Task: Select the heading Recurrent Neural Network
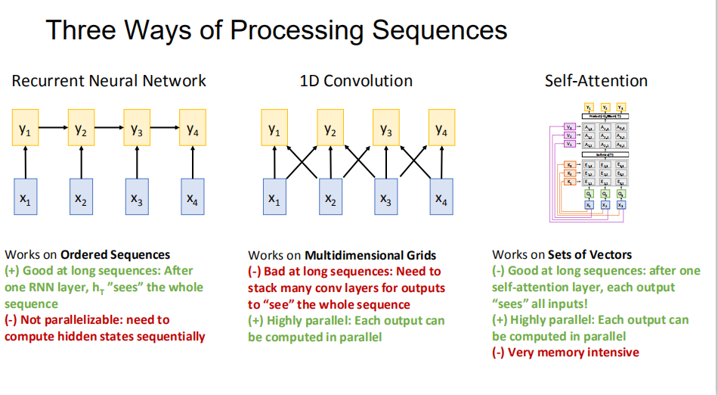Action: click(x=109, y=81)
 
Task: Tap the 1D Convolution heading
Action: click(x=356, y=81)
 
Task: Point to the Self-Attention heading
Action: click(x=596, y=81)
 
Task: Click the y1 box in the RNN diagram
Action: click(x=26, y=129)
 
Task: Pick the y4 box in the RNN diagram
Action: click(x=193, y=129)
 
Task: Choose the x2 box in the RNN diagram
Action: click(x=81, y=200)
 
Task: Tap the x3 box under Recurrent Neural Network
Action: click(x=137, y=200)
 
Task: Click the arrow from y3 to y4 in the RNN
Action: click(x=165, y=129)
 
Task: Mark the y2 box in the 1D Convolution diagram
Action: click(x=330, y=129)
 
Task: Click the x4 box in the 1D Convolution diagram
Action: click(x=441, y=200)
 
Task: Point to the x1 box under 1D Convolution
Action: click(x=274, y=200)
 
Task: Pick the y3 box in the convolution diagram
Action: click(x=386, y=129)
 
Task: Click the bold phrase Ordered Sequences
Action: click(x=115, y=255)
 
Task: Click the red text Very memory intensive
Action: click(x=574, y=353)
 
